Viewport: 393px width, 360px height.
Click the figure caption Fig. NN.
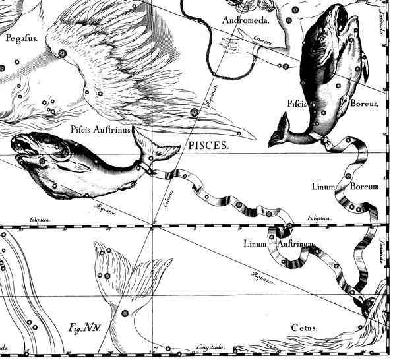tap(83, 327)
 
